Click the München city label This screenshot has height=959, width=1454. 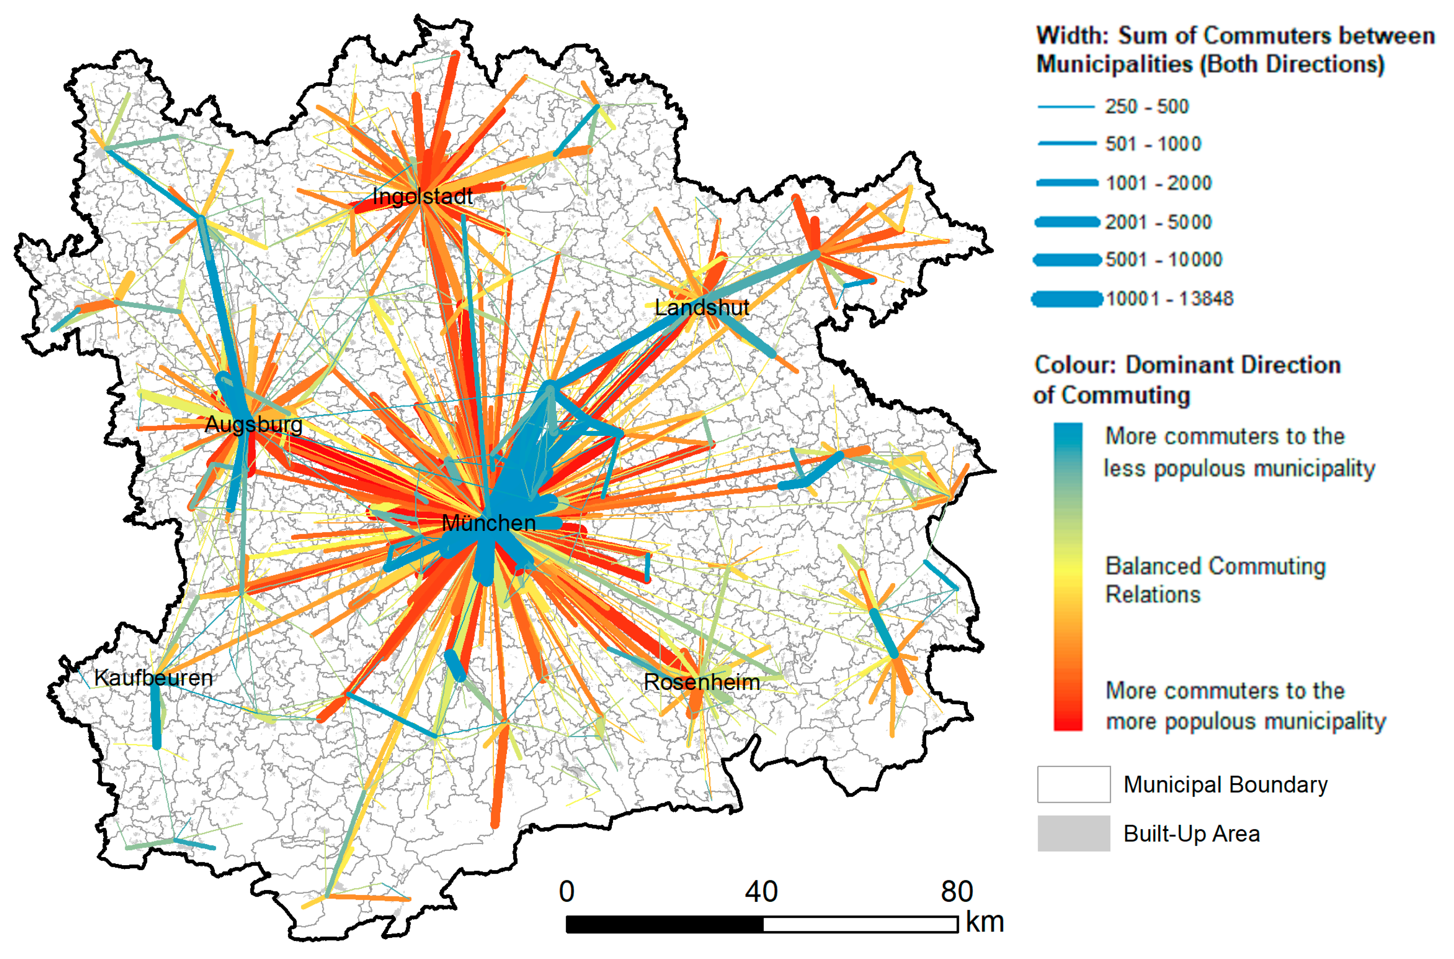(488, 523)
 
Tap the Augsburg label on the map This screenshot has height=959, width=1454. (253, 424)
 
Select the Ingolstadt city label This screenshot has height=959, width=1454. (422, 197)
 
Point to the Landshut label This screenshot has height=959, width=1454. (702, 307)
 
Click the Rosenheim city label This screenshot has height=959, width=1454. (702, 682)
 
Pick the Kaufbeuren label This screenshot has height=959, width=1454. (153, 678)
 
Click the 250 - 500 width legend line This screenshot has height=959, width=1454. (1066, 107)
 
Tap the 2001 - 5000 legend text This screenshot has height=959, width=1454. (1158, 222)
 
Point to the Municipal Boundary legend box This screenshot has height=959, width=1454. (1073, 784)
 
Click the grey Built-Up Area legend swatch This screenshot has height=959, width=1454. (1073, 833)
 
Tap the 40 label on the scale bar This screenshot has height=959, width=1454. (761, 892)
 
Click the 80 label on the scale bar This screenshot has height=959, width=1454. (957, 892)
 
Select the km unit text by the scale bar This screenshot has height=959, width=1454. (984, 921)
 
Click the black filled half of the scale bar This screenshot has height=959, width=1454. (664, 924)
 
